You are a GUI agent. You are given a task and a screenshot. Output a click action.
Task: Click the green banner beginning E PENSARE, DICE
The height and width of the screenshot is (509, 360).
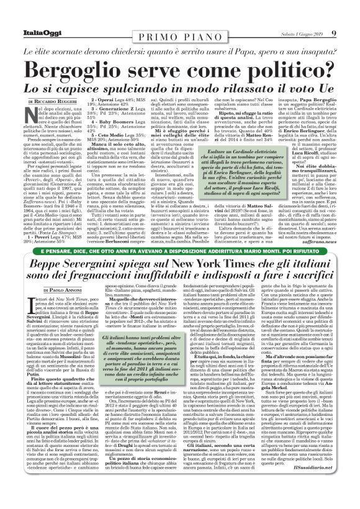tap(181, 250)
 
